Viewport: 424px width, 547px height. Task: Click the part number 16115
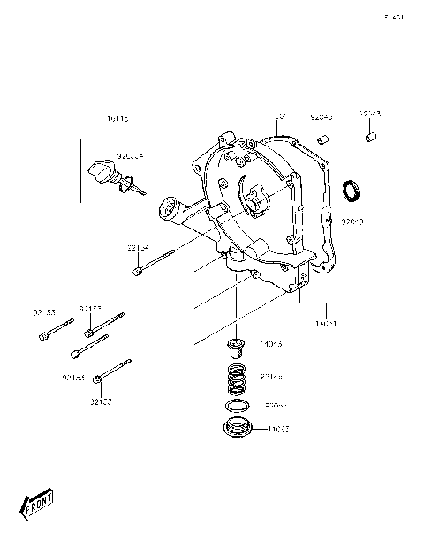coord(117,117)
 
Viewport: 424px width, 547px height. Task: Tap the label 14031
coord(327,324)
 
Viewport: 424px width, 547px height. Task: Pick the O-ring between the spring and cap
coord(237,407)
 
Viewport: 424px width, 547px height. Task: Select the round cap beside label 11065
coord(237,431)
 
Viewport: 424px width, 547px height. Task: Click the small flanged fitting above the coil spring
coord(237,347)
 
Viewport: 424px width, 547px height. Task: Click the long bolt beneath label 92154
coord(154,264)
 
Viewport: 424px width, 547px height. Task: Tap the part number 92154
coord(139,248)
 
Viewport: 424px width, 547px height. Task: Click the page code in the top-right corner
coord(394,16)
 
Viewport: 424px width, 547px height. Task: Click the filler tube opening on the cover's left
coord(163,208)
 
